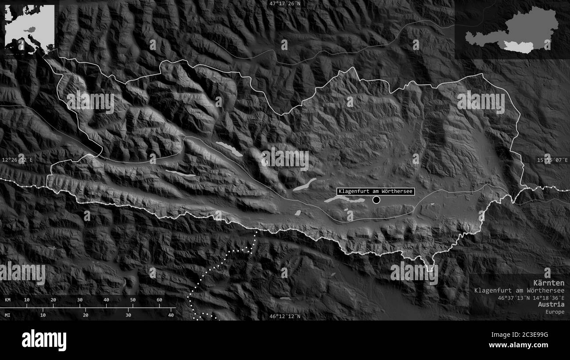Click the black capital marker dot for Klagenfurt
tap(376, 200)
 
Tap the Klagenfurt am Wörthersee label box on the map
tap(375, 192)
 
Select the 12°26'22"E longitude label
tap(17, 160)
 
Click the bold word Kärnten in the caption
tap(549, 283)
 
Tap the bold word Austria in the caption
tap(552, 304)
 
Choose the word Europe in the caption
tap(555, 312)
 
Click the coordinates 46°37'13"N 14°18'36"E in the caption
tap(531, 297)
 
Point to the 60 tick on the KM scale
tap(159, 300)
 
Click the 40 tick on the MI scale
tap(171, 315)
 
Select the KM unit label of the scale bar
tap(8, 300)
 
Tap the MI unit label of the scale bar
tap(8, 315)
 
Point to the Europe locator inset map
tap(30, 29)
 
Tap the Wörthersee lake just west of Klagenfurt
tap(344, 200)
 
